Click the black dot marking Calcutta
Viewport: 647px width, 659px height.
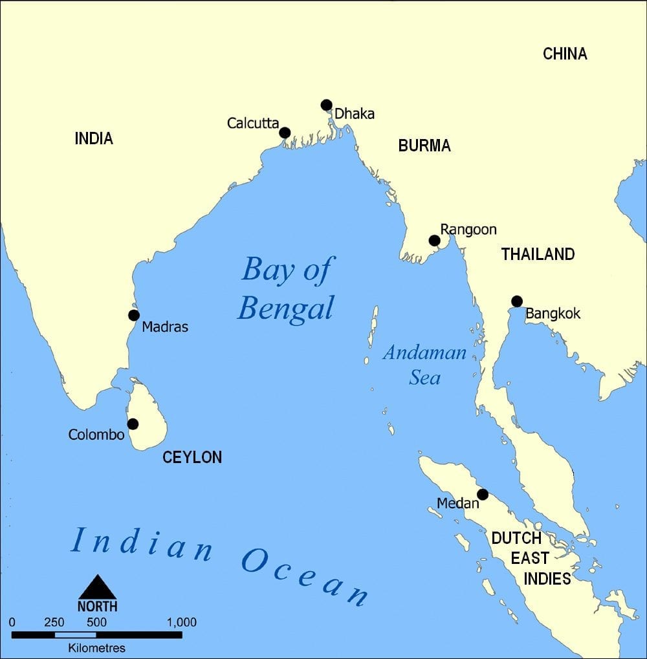285,133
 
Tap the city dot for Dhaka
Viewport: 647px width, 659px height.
326,105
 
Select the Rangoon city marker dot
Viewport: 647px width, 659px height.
434,241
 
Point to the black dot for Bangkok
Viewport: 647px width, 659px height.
516,301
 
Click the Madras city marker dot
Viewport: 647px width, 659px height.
133,315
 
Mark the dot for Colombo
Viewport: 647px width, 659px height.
133,424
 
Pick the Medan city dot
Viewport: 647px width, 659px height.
482,494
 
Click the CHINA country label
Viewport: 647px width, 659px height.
564,54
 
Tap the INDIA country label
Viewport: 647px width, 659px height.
94,138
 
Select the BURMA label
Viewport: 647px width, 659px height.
424,146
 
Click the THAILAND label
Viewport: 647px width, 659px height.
538,254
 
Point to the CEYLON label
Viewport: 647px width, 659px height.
192,457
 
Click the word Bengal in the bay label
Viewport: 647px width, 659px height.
285,308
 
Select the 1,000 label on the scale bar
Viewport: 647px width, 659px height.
181,622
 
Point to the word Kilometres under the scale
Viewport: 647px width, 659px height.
97,647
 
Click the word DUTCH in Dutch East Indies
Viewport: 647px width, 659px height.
516,538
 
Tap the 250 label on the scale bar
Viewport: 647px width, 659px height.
54,622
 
